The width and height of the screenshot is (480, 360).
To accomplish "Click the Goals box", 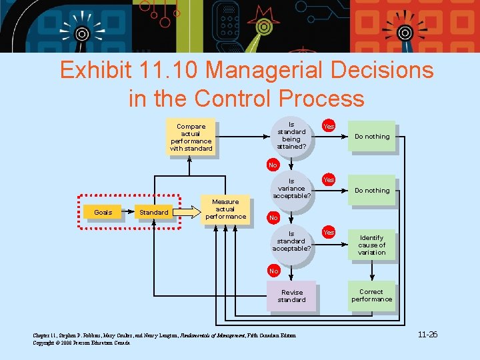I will pos(103,212).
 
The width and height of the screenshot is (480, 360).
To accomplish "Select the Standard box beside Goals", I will pos(153,212).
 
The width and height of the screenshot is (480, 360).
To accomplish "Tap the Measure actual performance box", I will pos(225,209).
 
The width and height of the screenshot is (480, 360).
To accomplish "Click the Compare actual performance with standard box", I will pos(191,137).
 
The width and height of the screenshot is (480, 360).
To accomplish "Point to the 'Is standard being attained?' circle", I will pos(291,135).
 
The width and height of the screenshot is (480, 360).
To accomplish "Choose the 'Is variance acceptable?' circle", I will pos(291,189).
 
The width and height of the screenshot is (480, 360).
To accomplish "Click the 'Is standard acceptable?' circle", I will pos(291,241).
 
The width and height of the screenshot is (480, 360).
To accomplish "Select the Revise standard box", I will pos(292,296).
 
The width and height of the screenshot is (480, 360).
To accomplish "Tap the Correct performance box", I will pos(371,295).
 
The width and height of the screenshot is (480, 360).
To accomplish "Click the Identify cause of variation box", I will pos(371,245).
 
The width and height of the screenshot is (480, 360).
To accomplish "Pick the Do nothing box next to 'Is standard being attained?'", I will pos(372,137).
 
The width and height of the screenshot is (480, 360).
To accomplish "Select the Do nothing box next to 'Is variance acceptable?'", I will pos(372,191).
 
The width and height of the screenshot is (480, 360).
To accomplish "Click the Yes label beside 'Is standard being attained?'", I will pos(329,126).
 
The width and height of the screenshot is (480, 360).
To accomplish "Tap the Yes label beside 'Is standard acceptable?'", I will pos(329,233).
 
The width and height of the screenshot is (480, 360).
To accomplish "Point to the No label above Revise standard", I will pos(273,271).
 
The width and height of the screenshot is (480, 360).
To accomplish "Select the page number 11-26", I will pos(427,334).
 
